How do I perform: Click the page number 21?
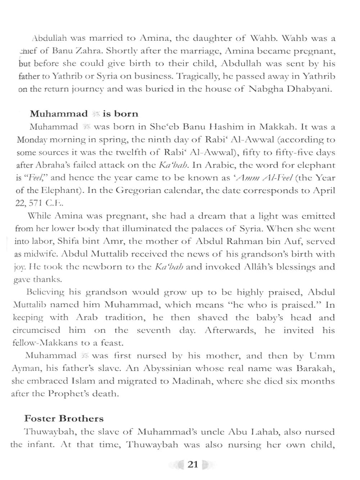pos(193,464)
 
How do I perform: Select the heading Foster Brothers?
pos(64,418)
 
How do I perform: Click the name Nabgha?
pos(265,89)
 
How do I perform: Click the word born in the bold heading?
pos(126,114)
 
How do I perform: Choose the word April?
pos(324,190)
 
